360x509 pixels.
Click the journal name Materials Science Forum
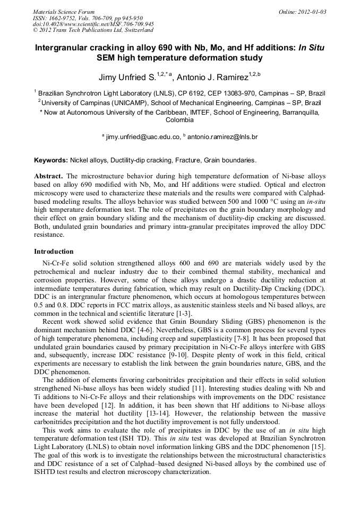(x=64, y=11)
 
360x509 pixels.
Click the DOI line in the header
(x=93, y=24)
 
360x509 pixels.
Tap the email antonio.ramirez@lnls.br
(x=222, y=137)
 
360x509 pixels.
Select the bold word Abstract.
(x=48, y=176)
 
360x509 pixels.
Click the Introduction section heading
(x=54, y=251)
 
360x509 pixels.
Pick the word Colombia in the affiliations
(x=179, y=120)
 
